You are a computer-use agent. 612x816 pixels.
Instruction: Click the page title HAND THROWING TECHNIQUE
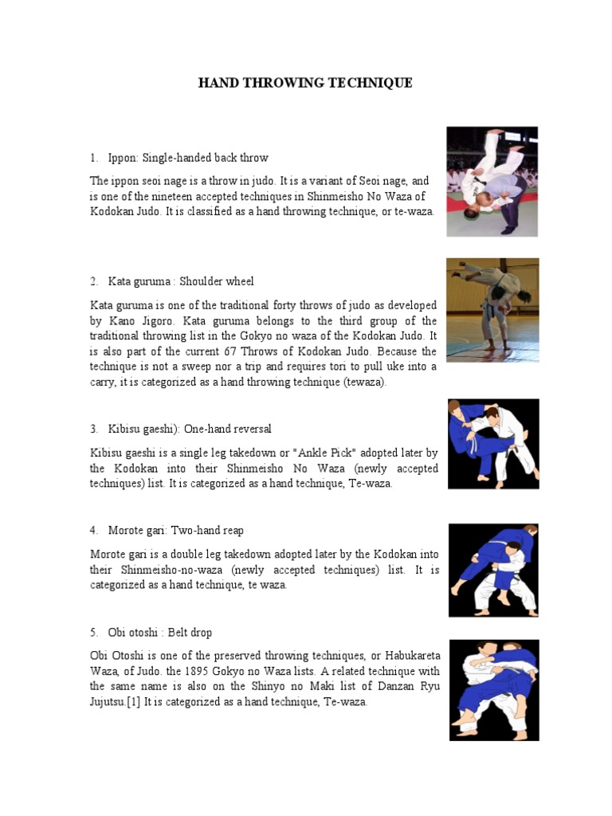tap(305, 83)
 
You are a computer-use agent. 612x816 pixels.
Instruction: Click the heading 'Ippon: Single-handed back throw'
tap(188, 158)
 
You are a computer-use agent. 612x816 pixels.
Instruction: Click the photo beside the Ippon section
tap(492, 182)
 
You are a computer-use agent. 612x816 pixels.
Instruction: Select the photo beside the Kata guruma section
tap(492, 309)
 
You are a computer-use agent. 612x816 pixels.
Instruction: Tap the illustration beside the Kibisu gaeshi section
tap(493, 444)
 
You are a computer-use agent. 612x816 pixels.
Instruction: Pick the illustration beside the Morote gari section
tap(493, 569)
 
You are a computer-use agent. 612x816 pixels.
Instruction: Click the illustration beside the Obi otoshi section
tap(493, 689)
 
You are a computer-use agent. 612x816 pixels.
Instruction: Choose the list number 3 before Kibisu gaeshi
tap(93, 430)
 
